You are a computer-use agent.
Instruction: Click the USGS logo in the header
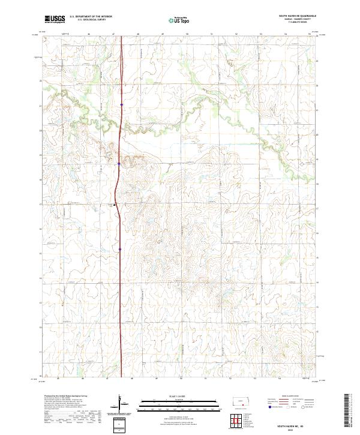coord(55,19)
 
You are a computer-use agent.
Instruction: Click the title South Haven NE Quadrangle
coord(298,16)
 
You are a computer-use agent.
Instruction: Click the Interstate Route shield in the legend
coord(266,407)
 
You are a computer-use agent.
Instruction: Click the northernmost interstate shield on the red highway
coord(121,105)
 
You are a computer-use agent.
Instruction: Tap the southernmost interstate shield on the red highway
coord(119,247)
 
